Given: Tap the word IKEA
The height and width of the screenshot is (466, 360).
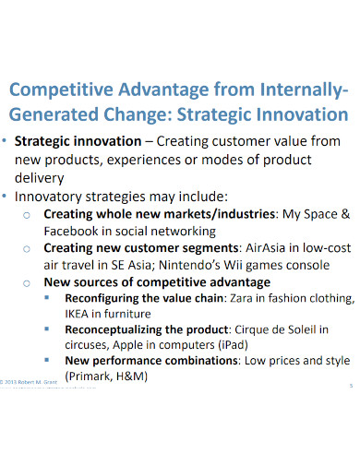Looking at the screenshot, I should tap(80, 313).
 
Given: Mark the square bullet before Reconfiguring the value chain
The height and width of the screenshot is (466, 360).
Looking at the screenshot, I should tap(49, 299).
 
